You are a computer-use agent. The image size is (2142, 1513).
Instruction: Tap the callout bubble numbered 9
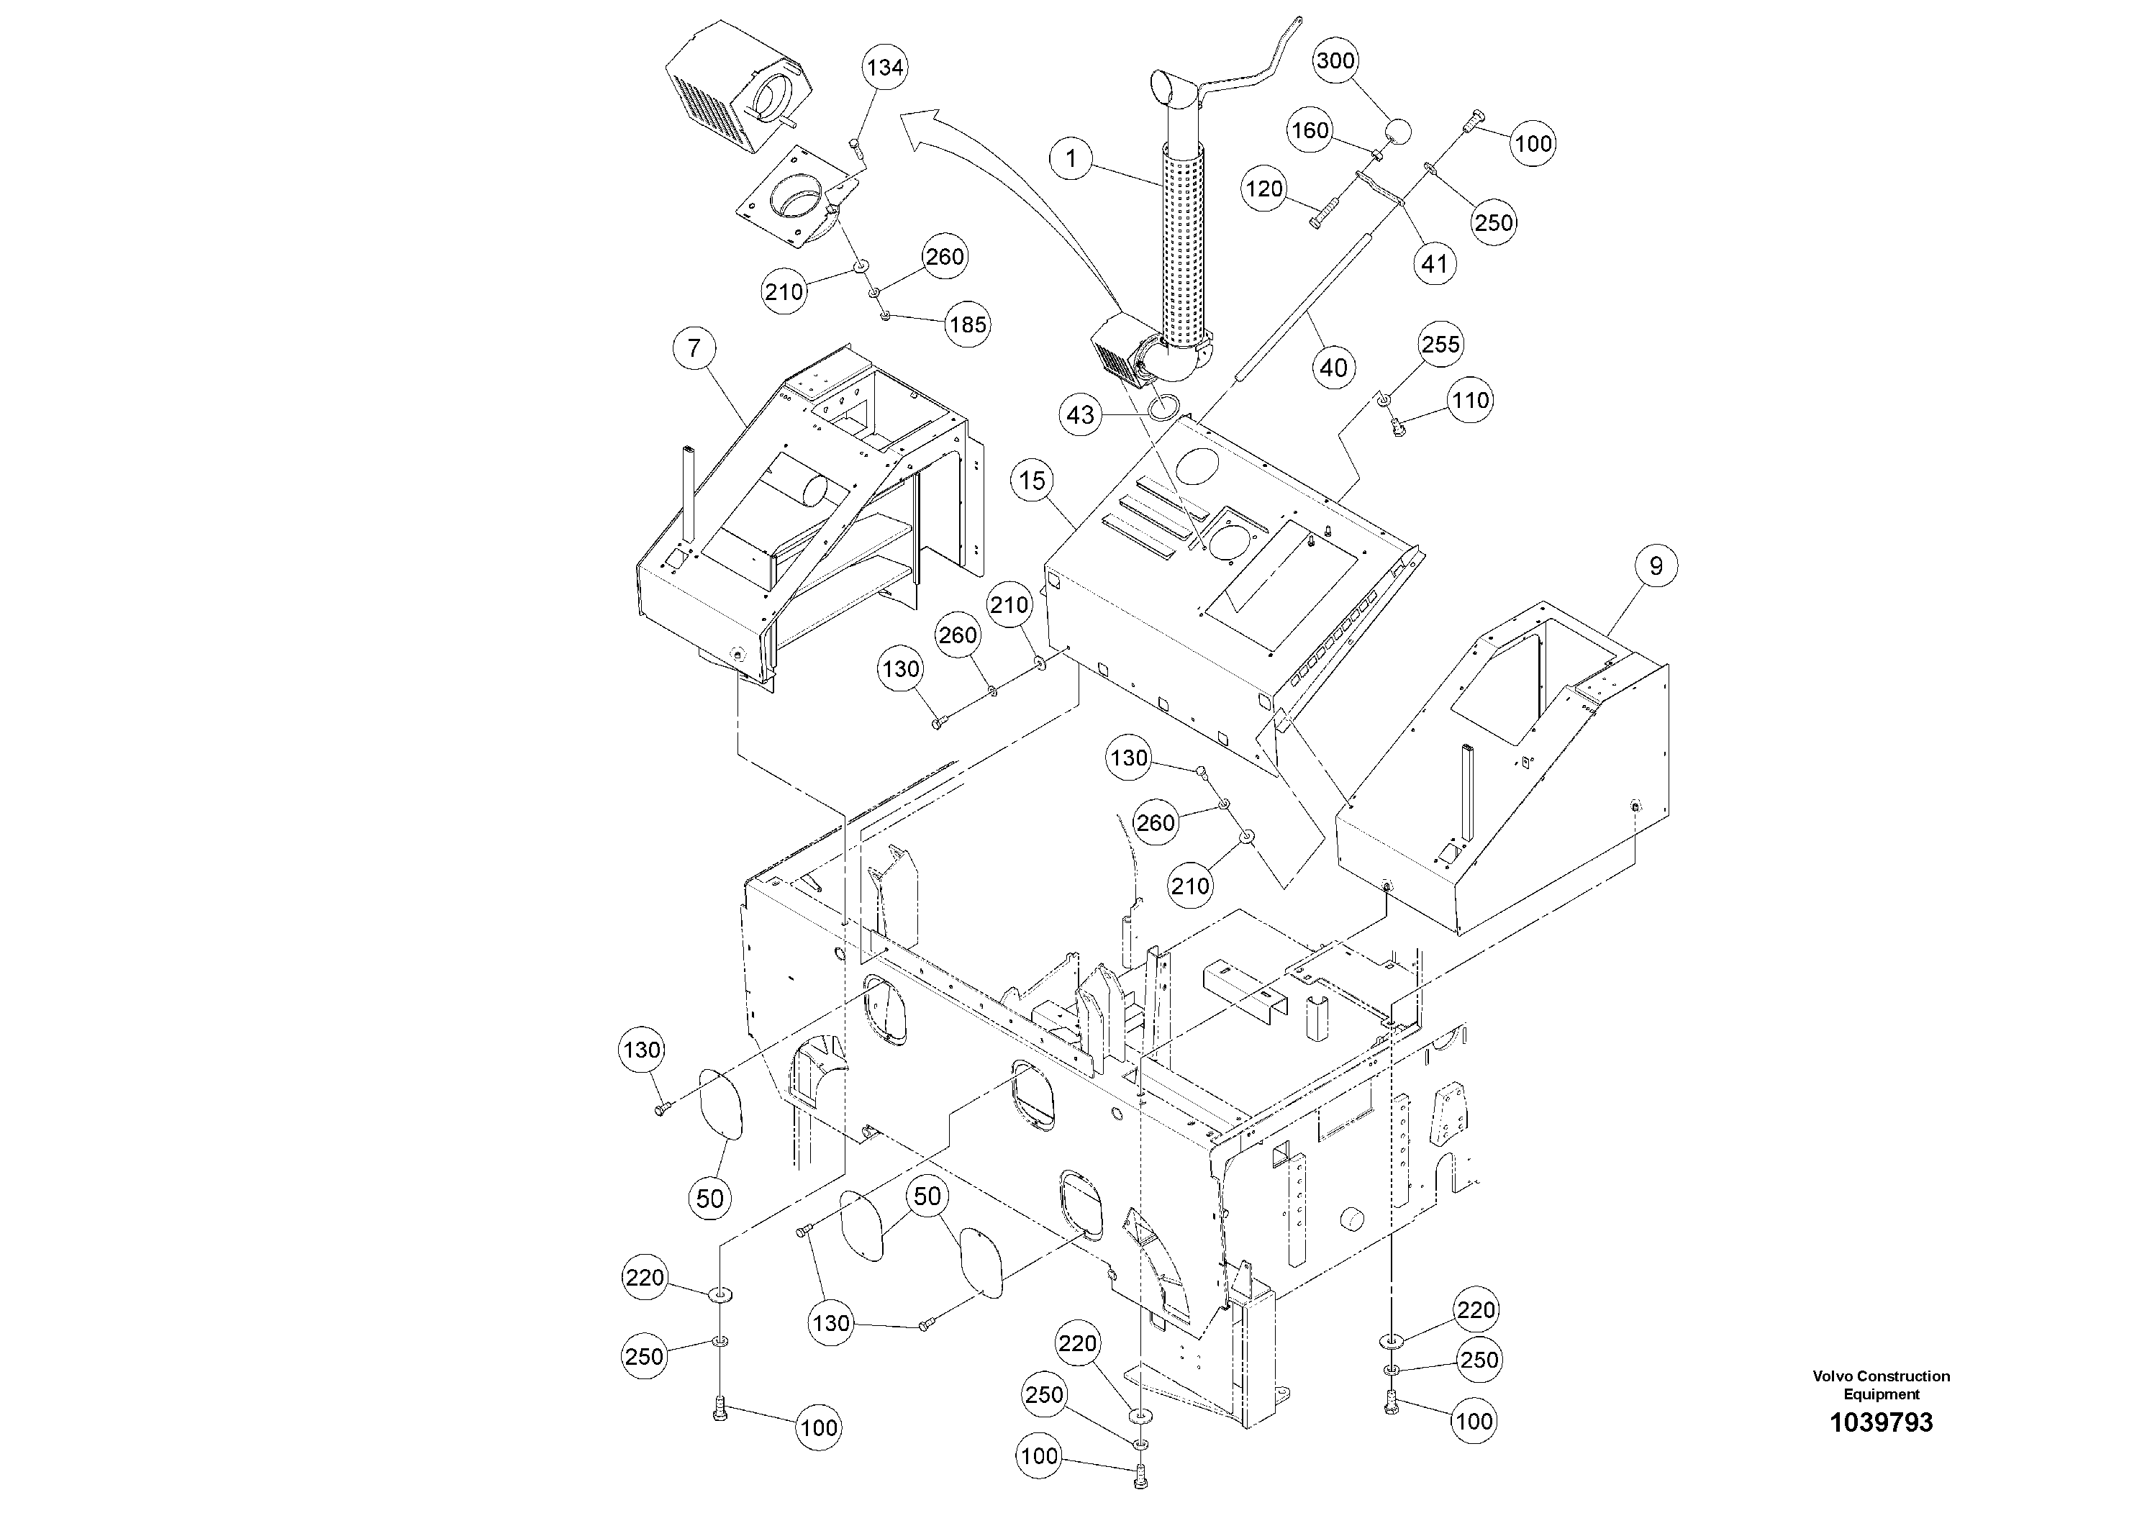click(x=1656, y=566)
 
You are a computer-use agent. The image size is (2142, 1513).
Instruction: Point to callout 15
click(x=1033, y=481)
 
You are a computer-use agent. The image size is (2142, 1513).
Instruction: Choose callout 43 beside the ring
click(x=1080, y=414)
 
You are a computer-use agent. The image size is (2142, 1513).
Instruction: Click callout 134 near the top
click(x=884, y=67)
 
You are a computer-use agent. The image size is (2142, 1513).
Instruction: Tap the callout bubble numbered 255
click(x=1440, y=344)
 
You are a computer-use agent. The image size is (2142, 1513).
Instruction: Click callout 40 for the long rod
click(x=1333, y=368)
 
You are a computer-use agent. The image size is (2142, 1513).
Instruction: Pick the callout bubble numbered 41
click(x=1434, y=265)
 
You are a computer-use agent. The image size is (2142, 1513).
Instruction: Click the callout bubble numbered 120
click(x=1264, y=189)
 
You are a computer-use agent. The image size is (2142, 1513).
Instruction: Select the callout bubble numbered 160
click(x=1310, y=131)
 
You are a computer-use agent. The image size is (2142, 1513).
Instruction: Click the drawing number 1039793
click(x=1881, y=1422)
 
